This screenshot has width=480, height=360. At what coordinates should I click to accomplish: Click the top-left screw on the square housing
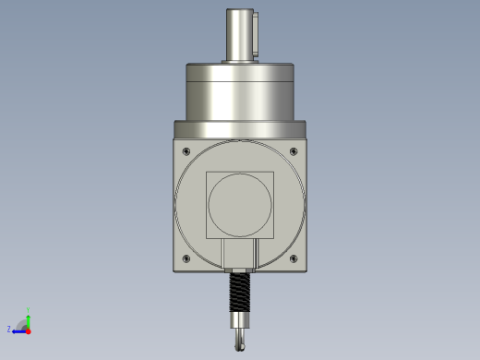coord(186,151)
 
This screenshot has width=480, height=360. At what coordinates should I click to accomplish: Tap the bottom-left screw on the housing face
coord(186,258)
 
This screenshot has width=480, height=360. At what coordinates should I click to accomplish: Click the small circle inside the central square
coord(240,204)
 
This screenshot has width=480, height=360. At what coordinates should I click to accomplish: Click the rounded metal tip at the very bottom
coord(240,342)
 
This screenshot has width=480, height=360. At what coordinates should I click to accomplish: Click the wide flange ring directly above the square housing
coord(240,128)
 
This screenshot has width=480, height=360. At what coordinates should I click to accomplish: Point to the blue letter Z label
coord(9,329)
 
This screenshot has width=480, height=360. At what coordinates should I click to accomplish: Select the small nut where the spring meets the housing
coord(240,270)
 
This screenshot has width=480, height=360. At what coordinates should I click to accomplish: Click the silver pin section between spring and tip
coord(240,323)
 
